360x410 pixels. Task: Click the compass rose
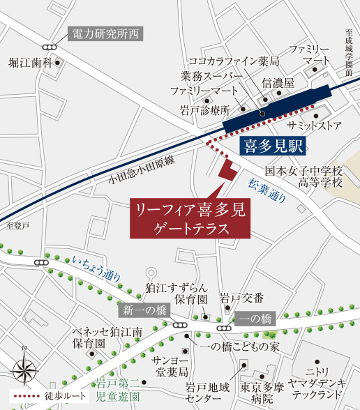tap(24, 365)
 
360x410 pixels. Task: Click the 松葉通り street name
tap(267, 190)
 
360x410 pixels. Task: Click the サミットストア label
tap(315, 126)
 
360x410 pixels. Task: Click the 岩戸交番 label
tap(241, 298)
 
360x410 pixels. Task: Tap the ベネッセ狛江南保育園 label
tap(99, 337)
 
